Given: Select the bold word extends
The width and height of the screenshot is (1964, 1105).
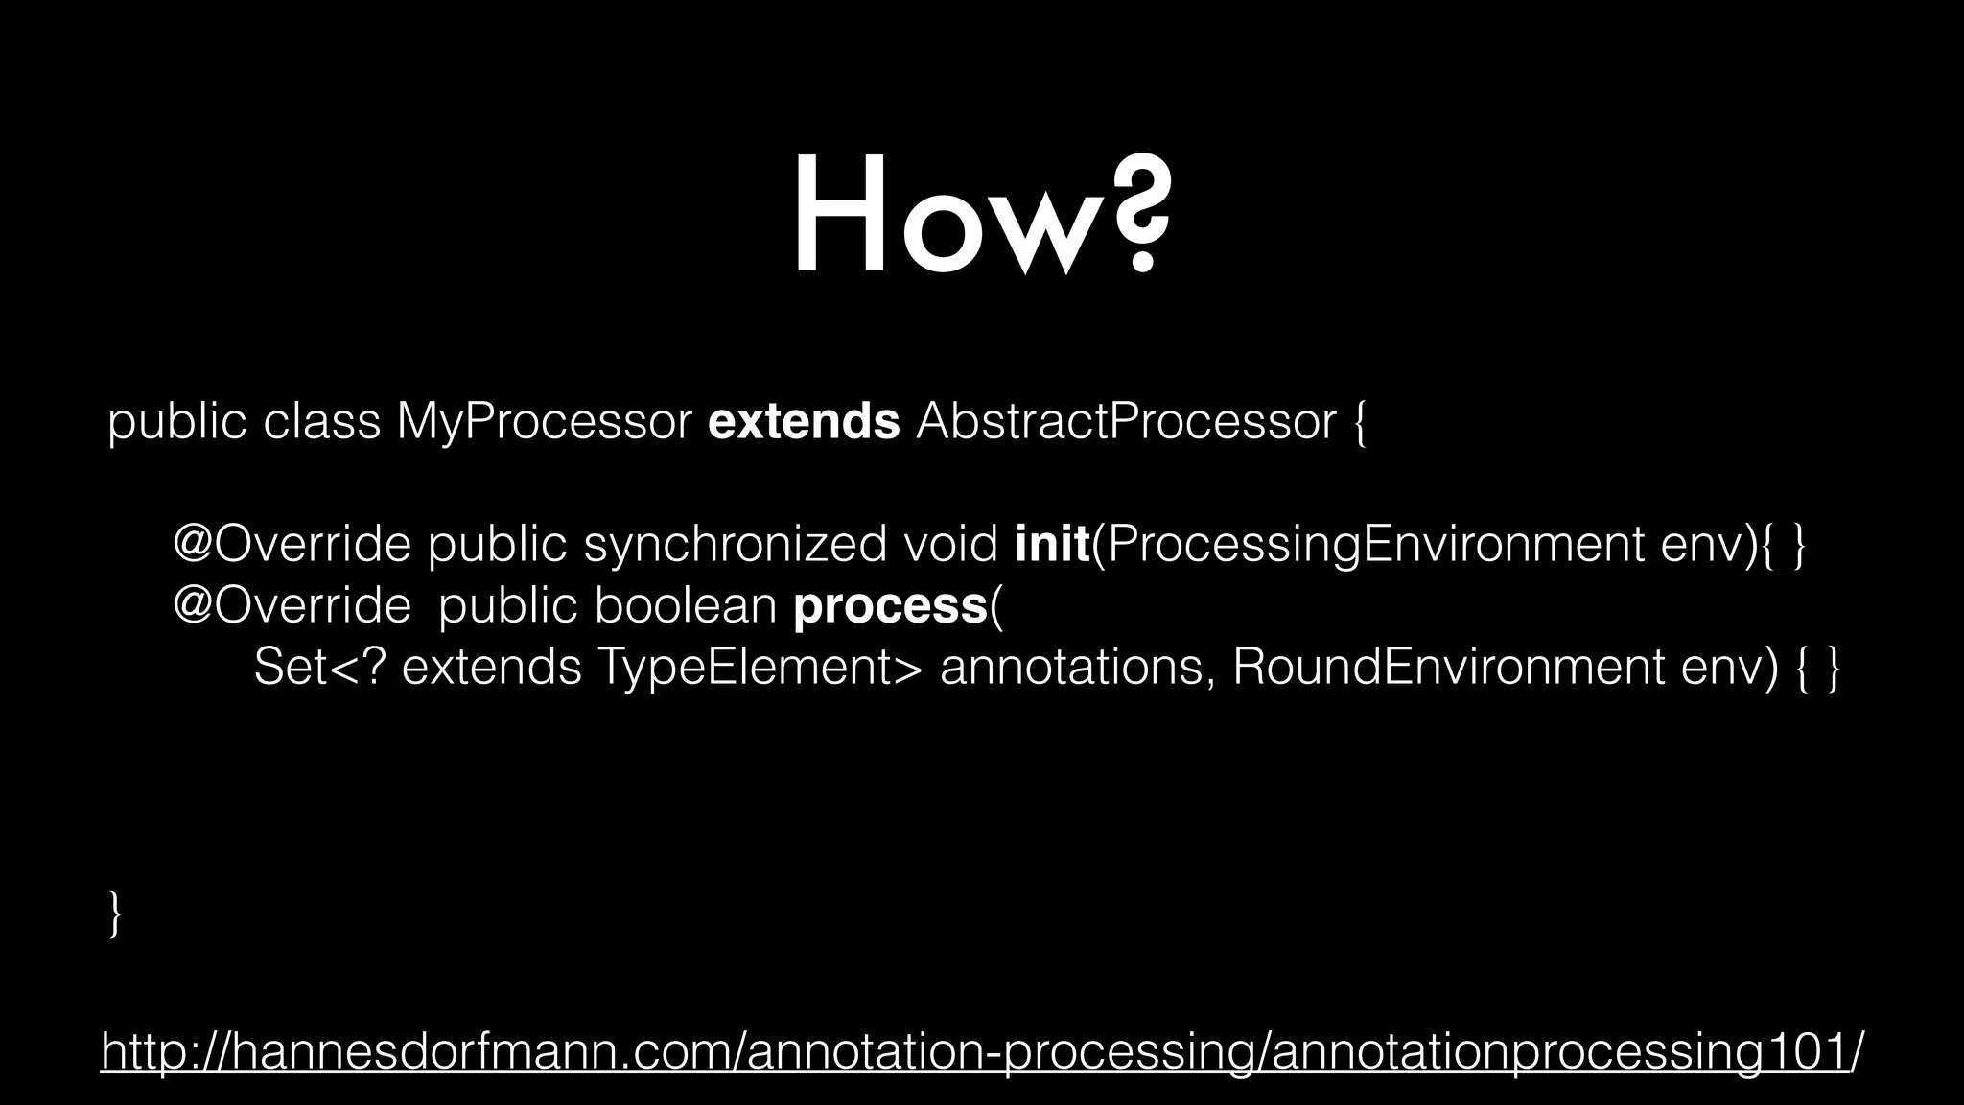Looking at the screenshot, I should pyautogui.click(x=804, y=422).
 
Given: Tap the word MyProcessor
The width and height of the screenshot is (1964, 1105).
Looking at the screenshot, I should pyautogui.click(x=544, y=422).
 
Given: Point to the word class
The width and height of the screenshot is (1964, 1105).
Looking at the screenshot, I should pyautogui.click(x=321, y=422).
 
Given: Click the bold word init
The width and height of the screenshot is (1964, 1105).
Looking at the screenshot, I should pyautogui.click(x=1052, y=545).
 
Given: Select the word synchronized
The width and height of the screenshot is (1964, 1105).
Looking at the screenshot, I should pyautogui.click(x=735, y=545).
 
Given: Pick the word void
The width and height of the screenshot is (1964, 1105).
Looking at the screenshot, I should pyautogui.click(x=950, y=545).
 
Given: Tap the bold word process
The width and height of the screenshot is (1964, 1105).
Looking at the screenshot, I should pyautogui.click(x=890, y=606).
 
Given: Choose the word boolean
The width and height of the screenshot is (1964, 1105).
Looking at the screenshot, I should pyautogui.click(x=685, y=606).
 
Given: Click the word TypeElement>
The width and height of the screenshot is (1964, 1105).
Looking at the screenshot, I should pyautogui.click(x=759, y=668).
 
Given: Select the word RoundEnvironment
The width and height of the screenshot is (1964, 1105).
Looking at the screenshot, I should pyautogui.click(x=1448, y=668).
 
